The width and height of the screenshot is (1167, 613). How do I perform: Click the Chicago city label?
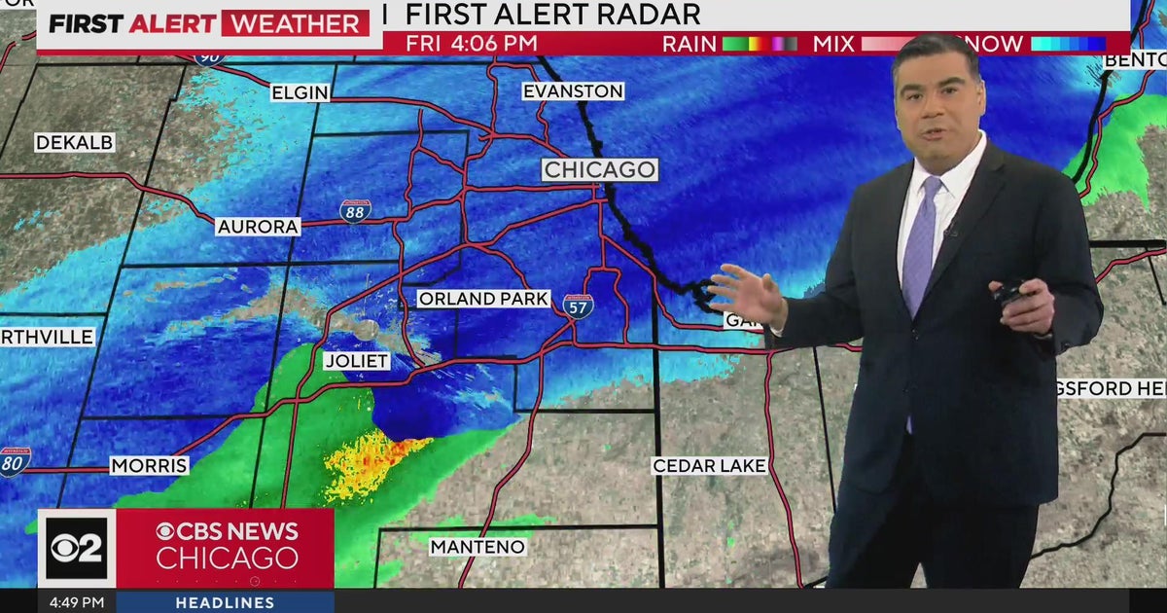(599, 169)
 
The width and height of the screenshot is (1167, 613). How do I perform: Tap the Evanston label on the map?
(573, 91)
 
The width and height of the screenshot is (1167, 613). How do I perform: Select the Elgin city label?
(301, 93)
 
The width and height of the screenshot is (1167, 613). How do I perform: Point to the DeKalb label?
(75, 143)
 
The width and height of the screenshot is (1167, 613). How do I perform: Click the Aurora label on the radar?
(259, 226)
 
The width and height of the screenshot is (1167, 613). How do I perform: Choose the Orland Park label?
(484, 299)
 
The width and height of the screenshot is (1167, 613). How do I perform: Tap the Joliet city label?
(357, 361)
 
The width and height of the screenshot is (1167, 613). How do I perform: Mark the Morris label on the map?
(149, 466)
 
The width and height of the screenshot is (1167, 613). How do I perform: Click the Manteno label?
(477, 547)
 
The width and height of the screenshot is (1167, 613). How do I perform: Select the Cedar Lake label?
(709, 466)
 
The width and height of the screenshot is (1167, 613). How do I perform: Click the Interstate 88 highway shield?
(355, 210)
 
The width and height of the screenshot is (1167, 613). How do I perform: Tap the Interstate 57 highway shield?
(578, 306)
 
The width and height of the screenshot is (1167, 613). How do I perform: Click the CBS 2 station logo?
(77, 549)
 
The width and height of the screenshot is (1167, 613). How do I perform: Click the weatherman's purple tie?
(920, 243)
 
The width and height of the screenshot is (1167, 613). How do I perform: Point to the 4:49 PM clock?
(77, 603)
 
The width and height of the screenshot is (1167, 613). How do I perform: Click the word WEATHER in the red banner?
(295, 23)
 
